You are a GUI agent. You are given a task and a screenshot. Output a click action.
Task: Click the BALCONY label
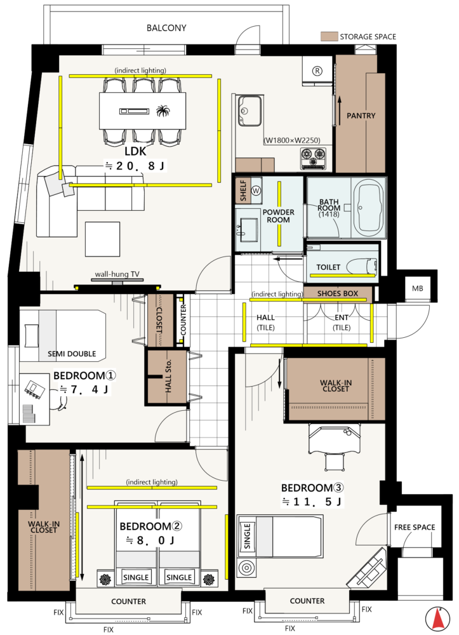pos(166,28)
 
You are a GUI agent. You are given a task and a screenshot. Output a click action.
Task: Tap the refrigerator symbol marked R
pos(317,71)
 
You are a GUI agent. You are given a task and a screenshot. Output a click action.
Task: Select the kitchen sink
pos(249,110)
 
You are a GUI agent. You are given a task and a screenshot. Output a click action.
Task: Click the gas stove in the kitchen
pos(313,158)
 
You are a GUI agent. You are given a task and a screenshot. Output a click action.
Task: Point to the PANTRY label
pos(361,116)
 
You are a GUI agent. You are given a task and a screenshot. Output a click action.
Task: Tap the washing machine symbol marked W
pos(256,190)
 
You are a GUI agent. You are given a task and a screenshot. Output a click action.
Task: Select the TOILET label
pos(328,267)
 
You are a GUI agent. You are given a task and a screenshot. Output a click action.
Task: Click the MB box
pos(417,288)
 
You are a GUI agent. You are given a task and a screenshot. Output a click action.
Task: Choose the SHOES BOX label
pos(338,293)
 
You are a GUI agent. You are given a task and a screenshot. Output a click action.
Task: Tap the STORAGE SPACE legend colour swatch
pos(329,36)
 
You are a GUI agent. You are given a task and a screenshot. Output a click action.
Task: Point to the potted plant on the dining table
pos(163,110)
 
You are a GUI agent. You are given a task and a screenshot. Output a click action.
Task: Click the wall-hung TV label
pos(117,274)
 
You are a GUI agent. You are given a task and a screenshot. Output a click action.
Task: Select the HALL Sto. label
pos(168,376)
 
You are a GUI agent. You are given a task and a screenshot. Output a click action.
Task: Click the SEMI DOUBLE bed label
pos(72,354)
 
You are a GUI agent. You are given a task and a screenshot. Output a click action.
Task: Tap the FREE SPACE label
pos(415,527)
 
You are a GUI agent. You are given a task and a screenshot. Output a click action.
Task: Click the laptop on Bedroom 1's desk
pos(34,390)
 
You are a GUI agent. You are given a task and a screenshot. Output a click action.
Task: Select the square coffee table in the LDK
pos(102,239)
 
